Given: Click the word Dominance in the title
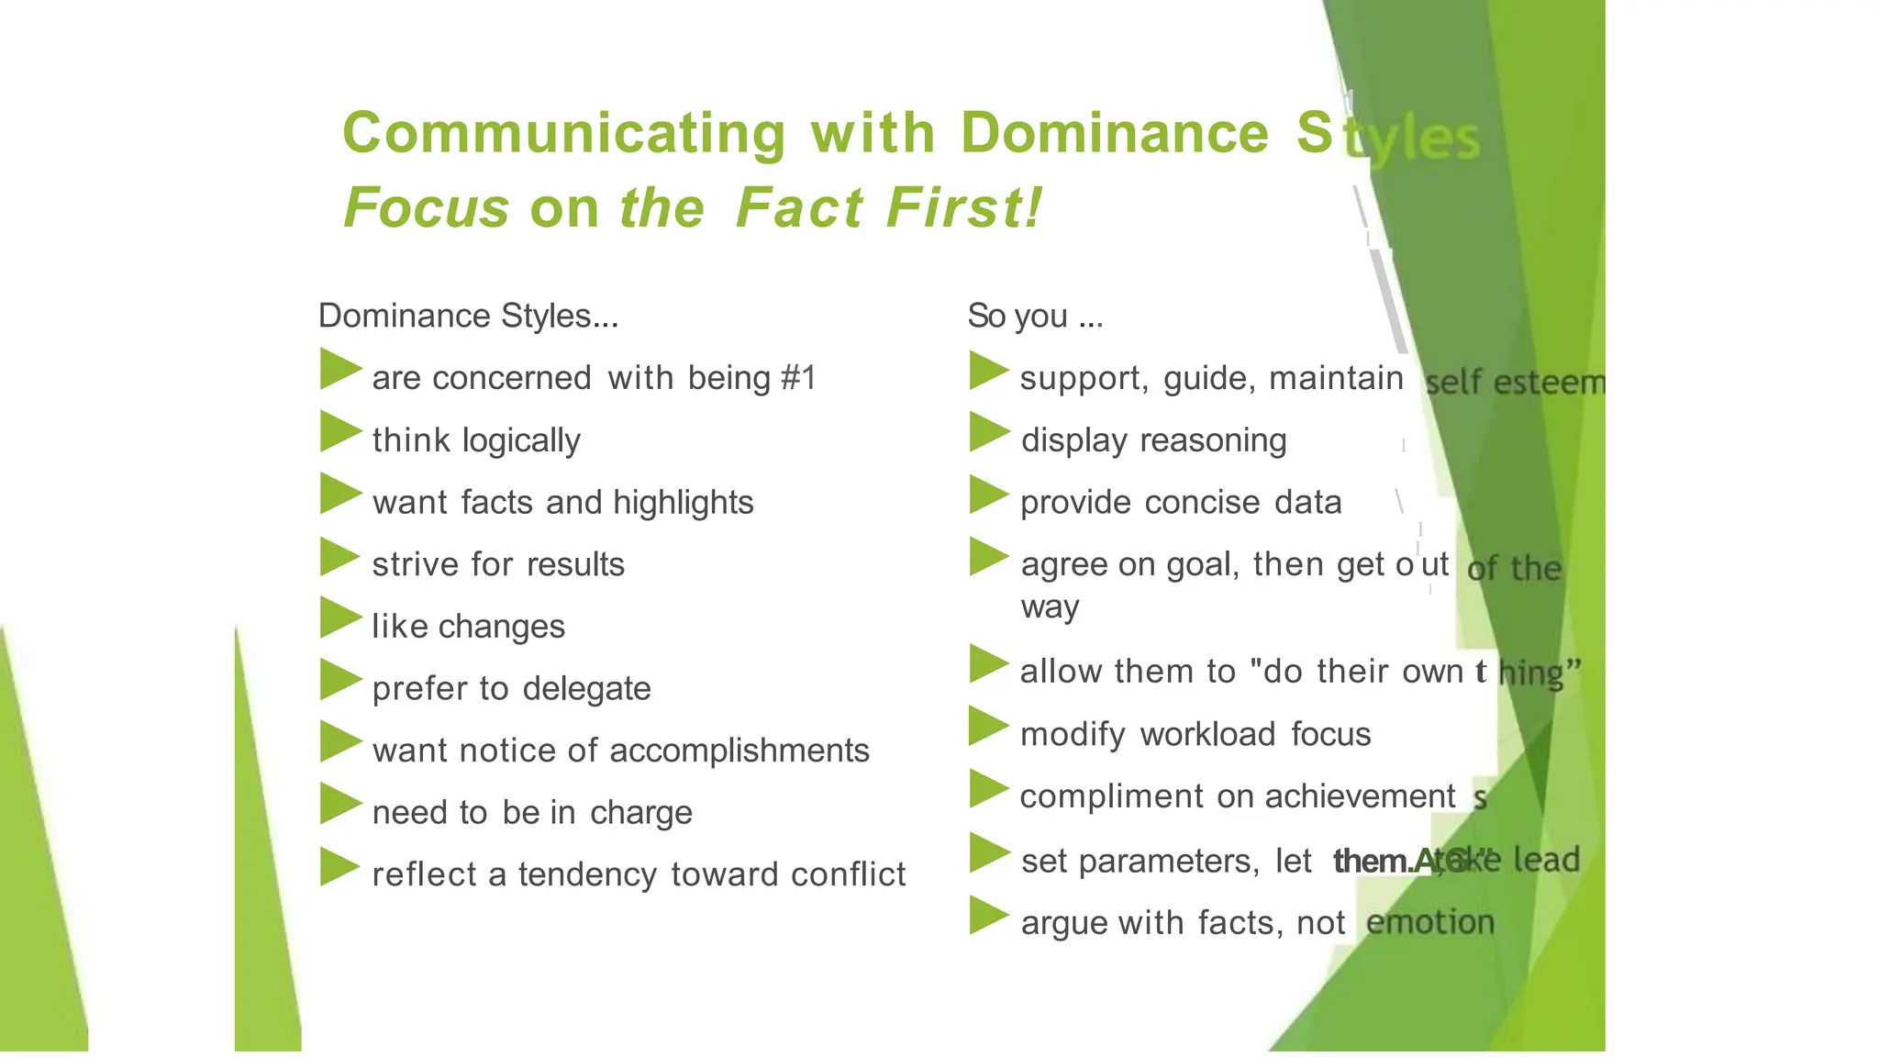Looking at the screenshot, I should click(1115, 133).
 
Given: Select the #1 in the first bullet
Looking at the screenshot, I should click(798, 378).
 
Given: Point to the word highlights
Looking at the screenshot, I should click(683, 503).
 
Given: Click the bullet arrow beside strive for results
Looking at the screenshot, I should click(340, 557).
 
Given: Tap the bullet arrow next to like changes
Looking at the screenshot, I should click(340, 618).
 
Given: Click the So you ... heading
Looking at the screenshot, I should click(1035, 316).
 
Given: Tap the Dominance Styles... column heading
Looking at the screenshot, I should click(468, 316).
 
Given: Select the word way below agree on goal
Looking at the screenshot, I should click(1050, 607).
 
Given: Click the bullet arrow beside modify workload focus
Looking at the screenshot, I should click(989, 727).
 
